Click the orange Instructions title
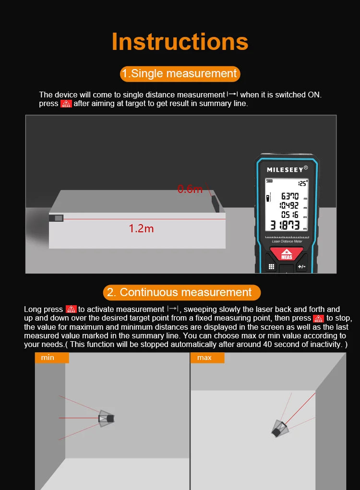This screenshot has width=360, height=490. (x=180, y=42)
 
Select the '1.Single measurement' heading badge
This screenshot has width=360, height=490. (x=180, y=73)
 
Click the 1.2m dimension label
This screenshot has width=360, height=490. (x=141, y=228)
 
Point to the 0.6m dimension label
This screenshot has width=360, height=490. (x=190, y=189)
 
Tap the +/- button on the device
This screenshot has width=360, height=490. (x=301, y=266)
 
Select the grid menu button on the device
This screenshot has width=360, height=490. (x=271, y=266)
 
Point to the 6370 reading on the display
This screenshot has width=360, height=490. (x=289, y=196)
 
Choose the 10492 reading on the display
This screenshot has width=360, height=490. (x=289, y=205)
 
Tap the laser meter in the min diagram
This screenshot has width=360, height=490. (x=106, y=418)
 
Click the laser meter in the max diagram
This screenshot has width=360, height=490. (x=278, y=429)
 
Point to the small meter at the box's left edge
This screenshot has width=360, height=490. (x=56, y=218)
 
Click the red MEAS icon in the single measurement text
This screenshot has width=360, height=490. (x=66, y=104)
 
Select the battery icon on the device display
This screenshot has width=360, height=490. (x=269, y=181)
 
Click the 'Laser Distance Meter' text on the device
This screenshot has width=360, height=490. (x=286, y=241)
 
